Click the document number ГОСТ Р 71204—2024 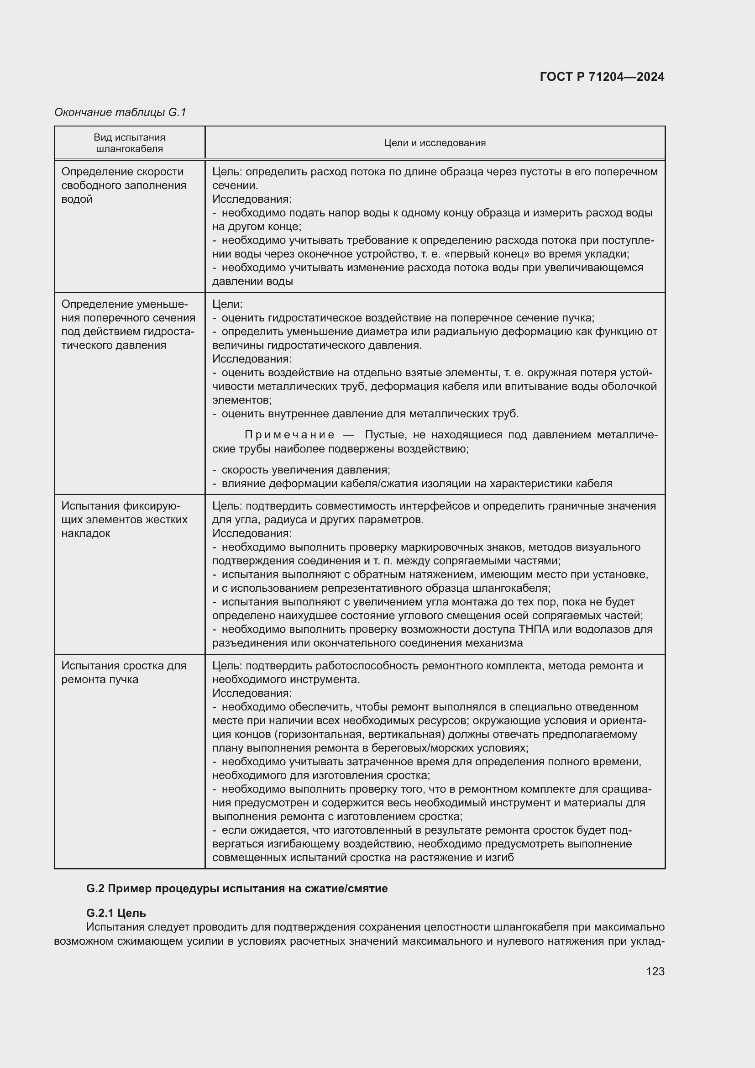tap(602, 77)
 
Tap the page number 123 tap(655, 971)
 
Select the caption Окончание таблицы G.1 tap(120, 112)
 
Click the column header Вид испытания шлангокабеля tap(129, 143)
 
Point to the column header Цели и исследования tap(435, 143)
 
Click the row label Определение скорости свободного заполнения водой tap(124, 185)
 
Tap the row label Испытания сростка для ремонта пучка tap(124, 672)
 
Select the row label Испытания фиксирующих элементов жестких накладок tap(125, 519)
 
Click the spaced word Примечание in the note tap(289, 435)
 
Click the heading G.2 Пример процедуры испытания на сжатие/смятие tap(236, 889)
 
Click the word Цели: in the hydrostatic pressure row tap(227, 304)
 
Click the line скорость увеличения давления tap(305, 470)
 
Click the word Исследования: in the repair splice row tap(252, 693)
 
